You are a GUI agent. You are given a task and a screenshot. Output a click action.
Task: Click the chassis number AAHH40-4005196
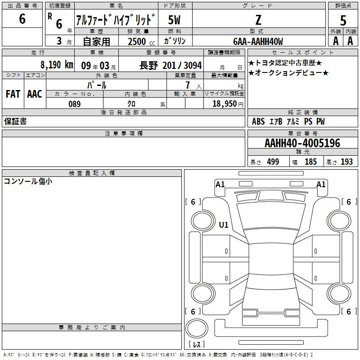[x=302, y=143]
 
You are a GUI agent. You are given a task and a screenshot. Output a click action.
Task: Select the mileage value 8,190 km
[x=57, y=65]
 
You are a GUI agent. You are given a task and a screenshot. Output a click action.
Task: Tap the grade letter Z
[x=258, y=20]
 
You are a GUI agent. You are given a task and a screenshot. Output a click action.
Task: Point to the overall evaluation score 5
[x=343, y=21]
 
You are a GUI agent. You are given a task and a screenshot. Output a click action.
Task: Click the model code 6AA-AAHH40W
[x=258, y=41]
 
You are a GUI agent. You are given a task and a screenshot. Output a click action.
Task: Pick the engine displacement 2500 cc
[x=141, y=41]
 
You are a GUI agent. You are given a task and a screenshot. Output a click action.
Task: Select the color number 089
[x=75, y=104]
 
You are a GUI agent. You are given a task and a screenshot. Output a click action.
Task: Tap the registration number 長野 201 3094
[x=171, y=65]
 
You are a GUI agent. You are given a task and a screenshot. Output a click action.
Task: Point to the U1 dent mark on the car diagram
[x=224, y=225]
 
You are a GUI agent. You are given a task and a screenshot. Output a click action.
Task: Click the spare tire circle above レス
[x=197, y=328]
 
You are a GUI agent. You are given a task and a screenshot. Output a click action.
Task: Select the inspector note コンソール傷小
[x=28, y=181]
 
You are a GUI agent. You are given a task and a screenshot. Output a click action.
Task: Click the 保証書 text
[x=15, y=121]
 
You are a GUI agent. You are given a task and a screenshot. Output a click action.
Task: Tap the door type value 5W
[x=174, y=20]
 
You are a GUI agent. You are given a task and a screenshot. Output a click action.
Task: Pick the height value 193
[x=346, y=162]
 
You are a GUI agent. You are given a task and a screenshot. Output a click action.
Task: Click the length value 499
[x=273, y=162]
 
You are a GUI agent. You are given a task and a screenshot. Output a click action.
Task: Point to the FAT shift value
[x=13, y=94]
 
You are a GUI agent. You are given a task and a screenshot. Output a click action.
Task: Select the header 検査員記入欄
[x=92, y=173]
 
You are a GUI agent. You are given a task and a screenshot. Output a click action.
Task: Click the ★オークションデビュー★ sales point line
[x=288, y=73]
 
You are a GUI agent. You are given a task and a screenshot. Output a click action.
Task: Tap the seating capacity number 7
[x=188, y=85]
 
